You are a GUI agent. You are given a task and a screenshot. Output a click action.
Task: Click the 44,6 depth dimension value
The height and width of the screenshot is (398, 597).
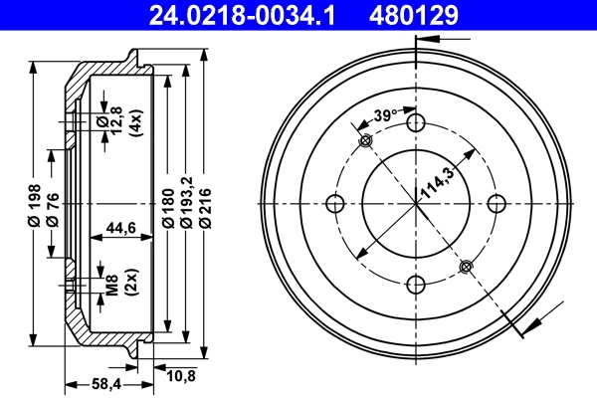pyautogui.click(x=120, y=227)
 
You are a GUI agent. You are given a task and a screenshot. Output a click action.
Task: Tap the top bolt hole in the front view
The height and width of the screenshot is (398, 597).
pyautogui.click(x=417, y=123)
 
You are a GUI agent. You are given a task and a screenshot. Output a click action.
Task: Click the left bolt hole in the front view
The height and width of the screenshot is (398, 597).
pyautogui.click(x=335, y=205)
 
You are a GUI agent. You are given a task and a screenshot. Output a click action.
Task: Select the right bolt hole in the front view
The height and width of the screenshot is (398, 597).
pyautogui.click(x=498, y=205)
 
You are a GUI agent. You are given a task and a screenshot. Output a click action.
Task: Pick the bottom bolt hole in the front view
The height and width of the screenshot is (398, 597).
pyautogui.click(x=417, y=287)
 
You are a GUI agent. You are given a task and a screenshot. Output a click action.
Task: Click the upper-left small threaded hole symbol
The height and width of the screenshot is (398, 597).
pyautogui.click(x=365, y=141)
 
